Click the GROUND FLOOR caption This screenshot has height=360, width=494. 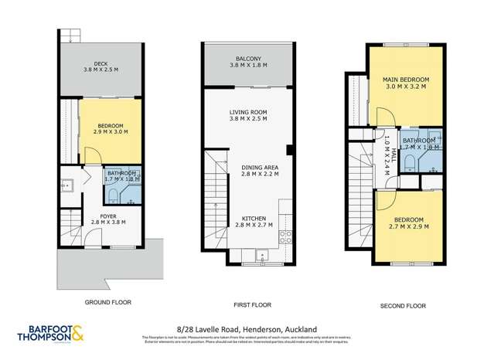coord(101,305)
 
